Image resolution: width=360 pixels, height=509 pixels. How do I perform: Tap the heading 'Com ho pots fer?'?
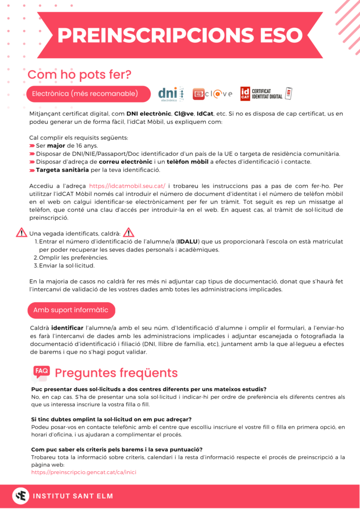[80, 75]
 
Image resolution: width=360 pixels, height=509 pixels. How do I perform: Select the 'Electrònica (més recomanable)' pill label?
[85, 93]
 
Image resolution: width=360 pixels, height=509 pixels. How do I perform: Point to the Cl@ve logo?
[212, 94]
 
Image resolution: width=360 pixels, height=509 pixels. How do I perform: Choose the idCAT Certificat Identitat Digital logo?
[266, 93]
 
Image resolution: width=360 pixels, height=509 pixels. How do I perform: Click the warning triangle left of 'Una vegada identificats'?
[21, 232]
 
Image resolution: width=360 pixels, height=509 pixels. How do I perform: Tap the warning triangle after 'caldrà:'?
[128, 232]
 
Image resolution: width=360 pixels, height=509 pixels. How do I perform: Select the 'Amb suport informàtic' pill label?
[71, 310]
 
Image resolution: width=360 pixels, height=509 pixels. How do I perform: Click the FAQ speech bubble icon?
[41, 372]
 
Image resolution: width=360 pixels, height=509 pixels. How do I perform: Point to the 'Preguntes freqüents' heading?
[116, 373]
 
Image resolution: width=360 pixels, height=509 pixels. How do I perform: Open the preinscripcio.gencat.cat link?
[84, 472]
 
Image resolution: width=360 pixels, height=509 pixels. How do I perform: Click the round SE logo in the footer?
[20, 496]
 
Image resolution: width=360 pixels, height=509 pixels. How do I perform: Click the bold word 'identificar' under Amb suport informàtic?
[67, 328]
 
